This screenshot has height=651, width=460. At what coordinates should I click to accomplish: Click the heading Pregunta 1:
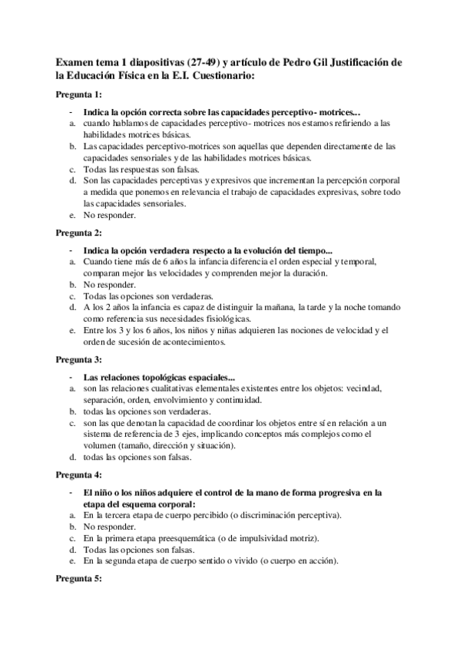tap(79, 94)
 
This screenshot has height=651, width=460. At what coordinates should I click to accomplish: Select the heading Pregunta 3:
tap(79, 358)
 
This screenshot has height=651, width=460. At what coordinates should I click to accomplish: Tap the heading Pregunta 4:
tap(79, 474)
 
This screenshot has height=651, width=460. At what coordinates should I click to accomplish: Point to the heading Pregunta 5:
tap(79, 600)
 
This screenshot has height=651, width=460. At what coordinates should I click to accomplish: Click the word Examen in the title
tap(75, 61)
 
